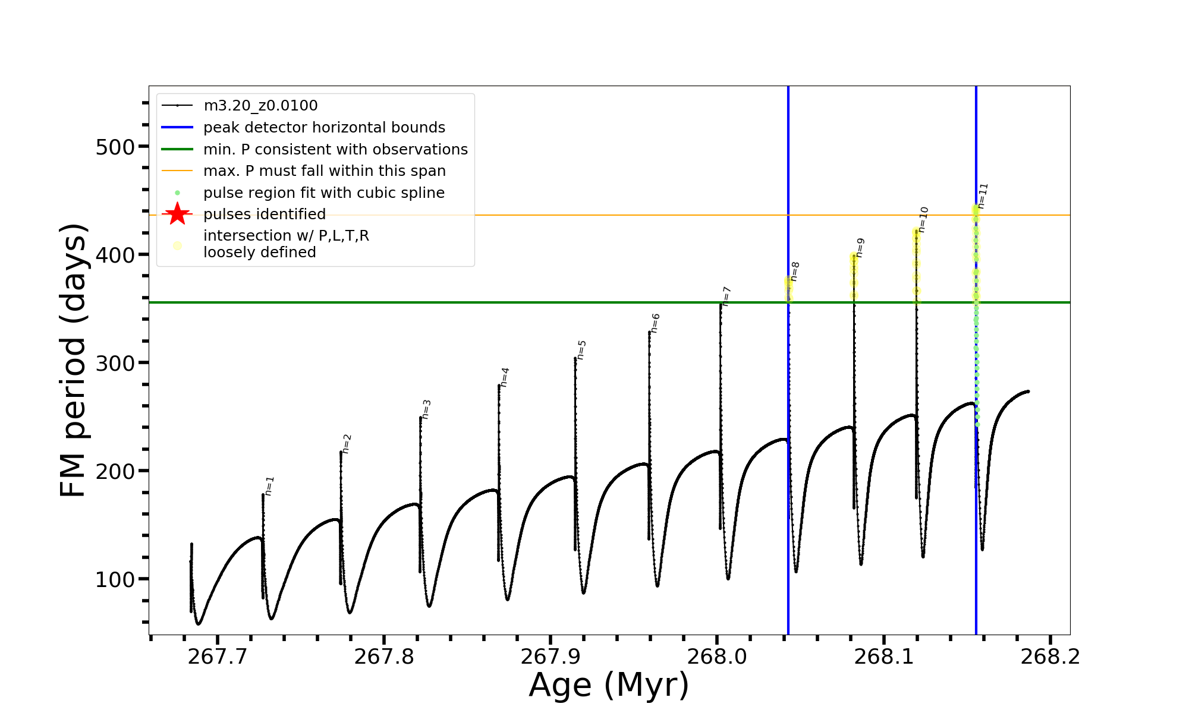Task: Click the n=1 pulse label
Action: (x=269, y=485)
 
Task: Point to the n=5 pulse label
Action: (x=581, y=349)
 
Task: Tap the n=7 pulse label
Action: (x=726, y=296)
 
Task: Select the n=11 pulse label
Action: (x=982, y=195)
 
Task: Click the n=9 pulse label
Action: (x=860, y=247)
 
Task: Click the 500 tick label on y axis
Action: (x=115, y=147)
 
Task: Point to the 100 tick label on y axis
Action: (x=115, y=579)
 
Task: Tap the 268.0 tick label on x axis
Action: (x=716, y=657)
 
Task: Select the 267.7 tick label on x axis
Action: (x=217, y=657)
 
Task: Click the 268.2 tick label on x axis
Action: (x=1050, y=657)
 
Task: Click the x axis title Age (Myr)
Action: (x=609, y=685)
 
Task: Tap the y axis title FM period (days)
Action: (x=74, y=360)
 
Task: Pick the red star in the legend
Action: (x=177, y=214)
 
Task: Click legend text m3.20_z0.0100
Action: (x=260, y=106)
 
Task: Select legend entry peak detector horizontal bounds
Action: (x=324, y=128)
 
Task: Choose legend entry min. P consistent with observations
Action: (x=335, y=149)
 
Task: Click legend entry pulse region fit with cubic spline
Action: (x=323, y=193)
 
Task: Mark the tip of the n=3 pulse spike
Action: (x=420, y=417)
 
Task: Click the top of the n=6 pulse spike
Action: (x=649, y=332)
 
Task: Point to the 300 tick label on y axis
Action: (x=115, y=363)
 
